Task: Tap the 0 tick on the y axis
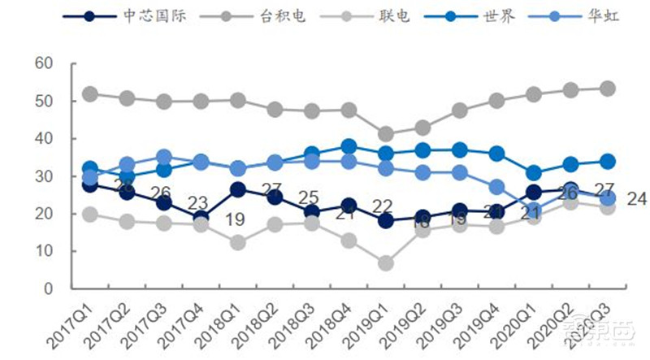click(48, 288)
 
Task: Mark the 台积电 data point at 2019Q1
click(385, 134)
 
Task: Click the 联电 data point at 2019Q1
click(385, 263)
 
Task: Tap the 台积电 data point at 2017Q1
click(90, 94)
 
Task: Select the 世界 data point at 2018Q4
click(349, 147)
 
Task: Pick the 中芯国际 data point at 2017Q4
click(201, 218)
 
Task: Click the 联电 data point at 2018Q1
click(237, 242)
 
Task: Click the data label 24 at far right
click(637, 197)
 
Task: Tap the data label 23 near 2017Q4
click(197, 202)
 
